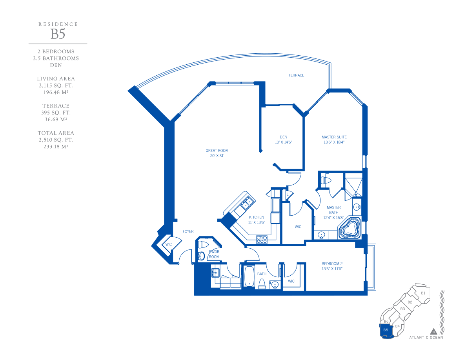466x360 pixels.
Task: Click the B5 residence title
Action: pyautogui.click(x=58, y=34)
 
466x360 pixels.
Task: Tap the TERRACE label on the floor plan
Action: pyautogui.click(x=296, y=75)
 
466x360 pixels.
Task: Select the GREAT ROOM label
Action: pyautogui.click(x=217, y=151)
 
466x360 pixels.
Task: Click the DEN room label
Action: pyautogui.click(x=284, y=137)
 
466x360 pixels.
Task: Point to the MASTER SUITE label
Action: pyautogui.click(x=334, y=137)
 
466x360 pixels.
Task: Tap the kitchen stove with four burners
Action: pyautogui.click(x=262, y=239)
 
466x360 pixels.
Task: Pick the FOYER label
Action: pyautogui.click(x=188, y=231)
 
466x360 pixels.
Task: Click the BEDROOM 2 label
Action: pyautogui.click(x=332, y=264)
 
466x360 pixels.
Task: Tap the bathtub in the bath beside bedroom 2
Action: pyautogui.click(x=249, y=276)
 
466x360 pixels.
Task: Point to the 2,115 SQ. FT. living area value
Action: pyautogui.click(x=56, y=85)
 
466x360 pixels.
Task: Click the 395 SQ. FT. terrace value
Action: pyautogui.click(x=56, y=113)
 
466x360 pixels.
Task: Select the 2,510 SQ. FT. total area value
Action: pyautogui.click(x=56, y=140)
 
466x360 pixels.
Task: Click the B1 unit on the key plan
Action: pyautogui.click(x=423, y=293)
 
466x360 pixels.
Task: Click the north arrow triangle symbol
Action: pyautogui.click(x=433, y=331)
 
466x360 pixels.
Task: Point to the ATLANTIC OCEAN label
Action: pyautogui.click(x=426, y=338)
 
